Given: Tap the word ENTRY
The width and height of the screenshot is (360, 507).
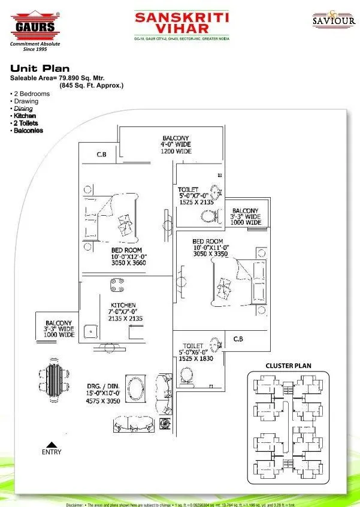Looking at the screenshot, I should (x=51, y=452).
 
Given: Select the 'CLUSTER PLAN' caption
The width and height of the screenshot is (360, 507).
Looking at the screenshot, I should (x=288, y=366).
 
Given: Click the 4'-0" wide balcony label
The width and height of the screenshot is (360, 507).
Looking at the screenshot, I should (x=176, y=145).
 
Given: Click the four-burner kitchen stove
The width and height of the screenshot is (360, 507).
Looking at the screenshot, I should (x=116, y=285).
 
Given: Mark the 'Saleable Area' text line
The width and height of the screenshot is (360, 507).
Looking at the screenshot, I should (x=66, y=79).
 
